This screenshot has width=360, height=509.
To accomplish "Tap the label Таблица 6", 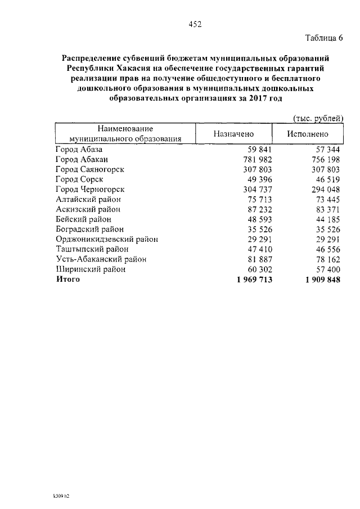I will pyautogui.click(x=323, y=38).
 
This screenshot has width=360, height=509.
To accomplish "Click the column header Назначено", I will pyautogui.click(x=233, y=134).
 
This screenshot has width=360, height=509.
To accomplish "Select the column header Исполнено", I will pyautogui.click(x=307, y=134).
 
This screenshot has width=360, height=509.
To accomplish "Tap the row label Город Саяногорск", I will pyautogui.click(x=90, y=169).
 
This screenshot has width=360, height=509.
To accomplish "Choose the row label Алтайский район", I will pyautogui.click(x=88, y=199).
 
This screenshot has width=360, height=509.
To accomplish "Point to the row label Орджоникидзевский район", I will pyautogui.click(x=107, y=239).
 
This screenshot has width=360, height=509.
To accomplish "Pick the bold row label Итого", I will pyautogui.click(x=67, y=280).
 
